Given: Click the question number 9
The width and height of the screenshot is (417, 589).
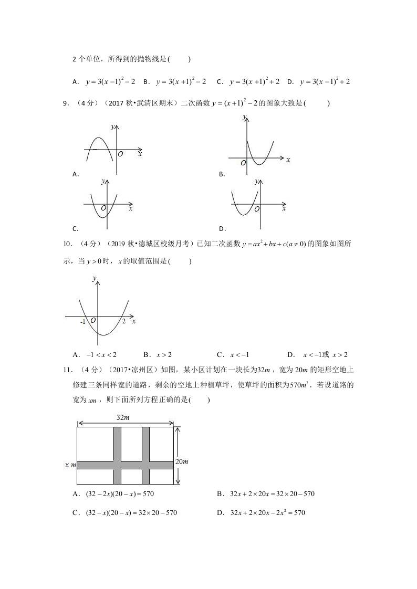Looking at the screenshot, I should coord(65,104).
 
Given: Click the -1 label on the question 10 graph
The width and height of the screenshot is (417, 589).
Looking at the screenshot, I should coord(83,322).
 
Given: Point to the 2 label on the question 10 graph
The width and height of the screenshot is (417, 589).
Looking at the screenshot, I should coord(124,321).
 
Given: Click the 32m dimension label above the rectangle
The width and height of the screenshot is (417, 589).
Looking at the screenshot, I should coord(123,417).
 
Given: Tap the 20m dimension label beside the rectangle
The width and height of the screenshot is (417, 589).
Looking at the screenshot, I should coord(182,462).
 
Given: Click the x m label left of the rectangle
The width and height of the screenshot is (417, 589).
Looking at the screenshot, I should coord(70,465).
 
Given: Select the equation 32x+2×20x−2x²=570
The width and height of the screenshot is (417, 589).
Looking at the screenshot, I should coord(268,512).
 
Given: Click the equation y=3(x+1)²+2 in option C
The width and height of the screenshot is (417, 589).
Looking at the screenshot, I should coord(253,82).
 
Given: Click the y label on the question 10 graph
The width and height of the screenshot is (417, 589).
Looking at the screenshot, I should coord(94,280).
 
